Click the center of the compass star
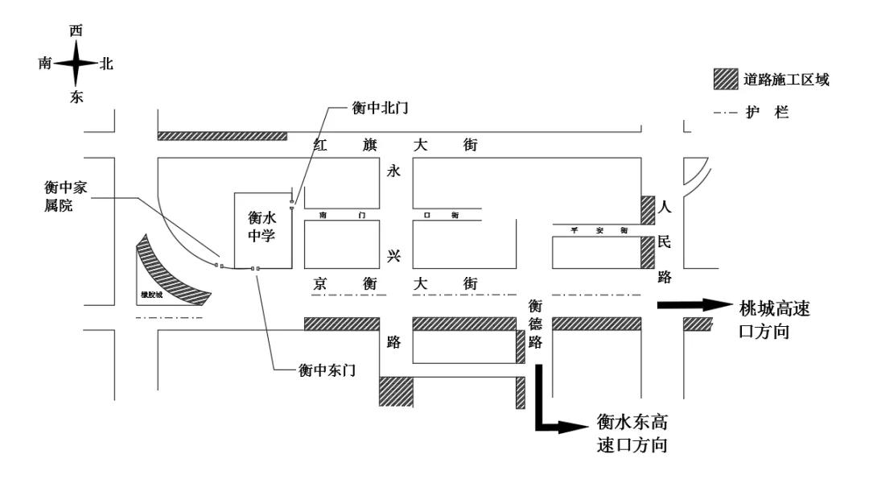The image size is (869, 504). point(76,64)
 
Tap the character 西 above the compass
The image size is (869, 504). point(76,31)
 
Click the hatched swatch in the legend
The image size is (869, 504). point(725,79)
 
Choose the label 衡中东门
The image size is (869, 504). point(327,370)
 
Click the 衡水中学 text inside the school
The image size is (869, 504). point(262,226)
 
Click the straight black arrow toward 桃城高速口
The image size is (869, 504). point(692,305)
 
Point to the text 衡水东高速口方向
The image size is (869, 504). point(633,432)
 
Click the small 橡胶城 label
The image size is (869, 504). point(151,295)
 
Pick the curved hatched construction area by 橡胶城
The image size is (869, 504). point(173,270)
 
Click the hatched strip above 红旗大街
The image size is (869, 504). point(222,136)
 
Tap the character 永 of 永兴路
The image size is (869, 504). point(393,171)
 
